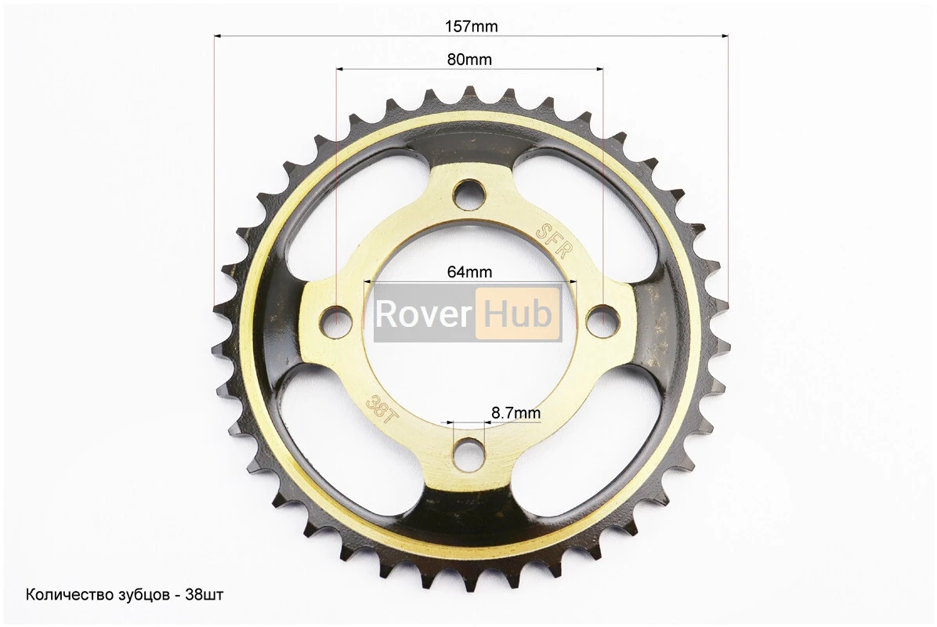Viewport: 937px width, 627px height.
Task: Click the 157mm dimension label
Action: click(x=471, y=27)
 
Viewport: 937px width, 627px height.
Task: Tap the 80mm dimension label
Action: click(x=470, y=60)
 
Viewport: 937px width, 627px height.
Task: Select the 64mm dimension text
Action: click(x=470, y=272)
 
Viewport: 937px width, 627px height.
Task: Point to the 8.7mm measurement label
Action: click(x=516, y=413)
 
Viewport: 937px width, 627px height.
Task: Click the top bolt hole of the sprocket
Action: click(x=470, y=194)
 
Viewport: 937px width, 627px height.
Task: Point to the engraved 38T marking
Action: click(x=380, y=409)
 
